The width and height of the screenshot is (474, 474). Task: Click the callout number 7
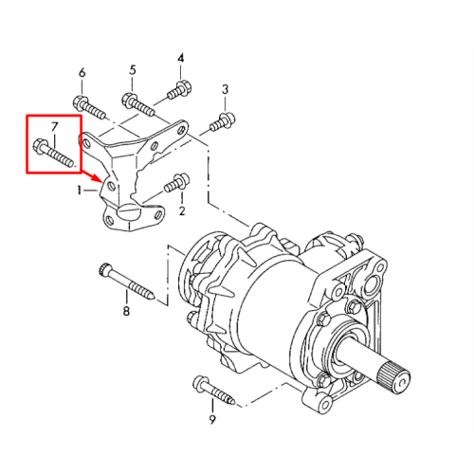55,127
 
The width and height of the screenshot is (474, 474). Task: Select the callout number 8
126,311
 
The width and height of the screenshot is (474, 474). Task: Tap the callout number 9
212,419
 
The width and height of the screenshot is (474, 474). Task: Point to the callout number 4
180,58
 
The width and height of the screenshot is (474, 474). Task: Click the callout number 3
133,70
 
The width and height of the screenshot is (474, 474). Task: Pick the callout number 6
82,73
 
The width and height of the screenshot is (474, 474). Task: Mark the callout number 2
182,211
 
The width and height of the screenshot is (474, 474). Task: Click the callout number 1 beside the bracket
80,191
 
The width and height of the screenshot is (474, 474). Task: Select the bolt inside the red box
53,153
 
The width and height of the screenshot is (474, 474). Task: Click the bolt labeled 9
213,391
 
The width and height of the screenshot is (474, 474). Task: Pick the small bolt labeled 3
223,121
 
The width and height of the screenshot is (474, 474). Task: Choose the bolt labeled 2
176,183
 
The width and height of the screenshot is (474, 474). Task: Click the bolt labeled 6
89,107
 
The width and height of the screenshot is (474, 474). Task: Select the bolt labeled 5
138,103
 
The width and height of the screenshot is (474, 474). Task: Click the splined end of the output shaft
395,378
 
